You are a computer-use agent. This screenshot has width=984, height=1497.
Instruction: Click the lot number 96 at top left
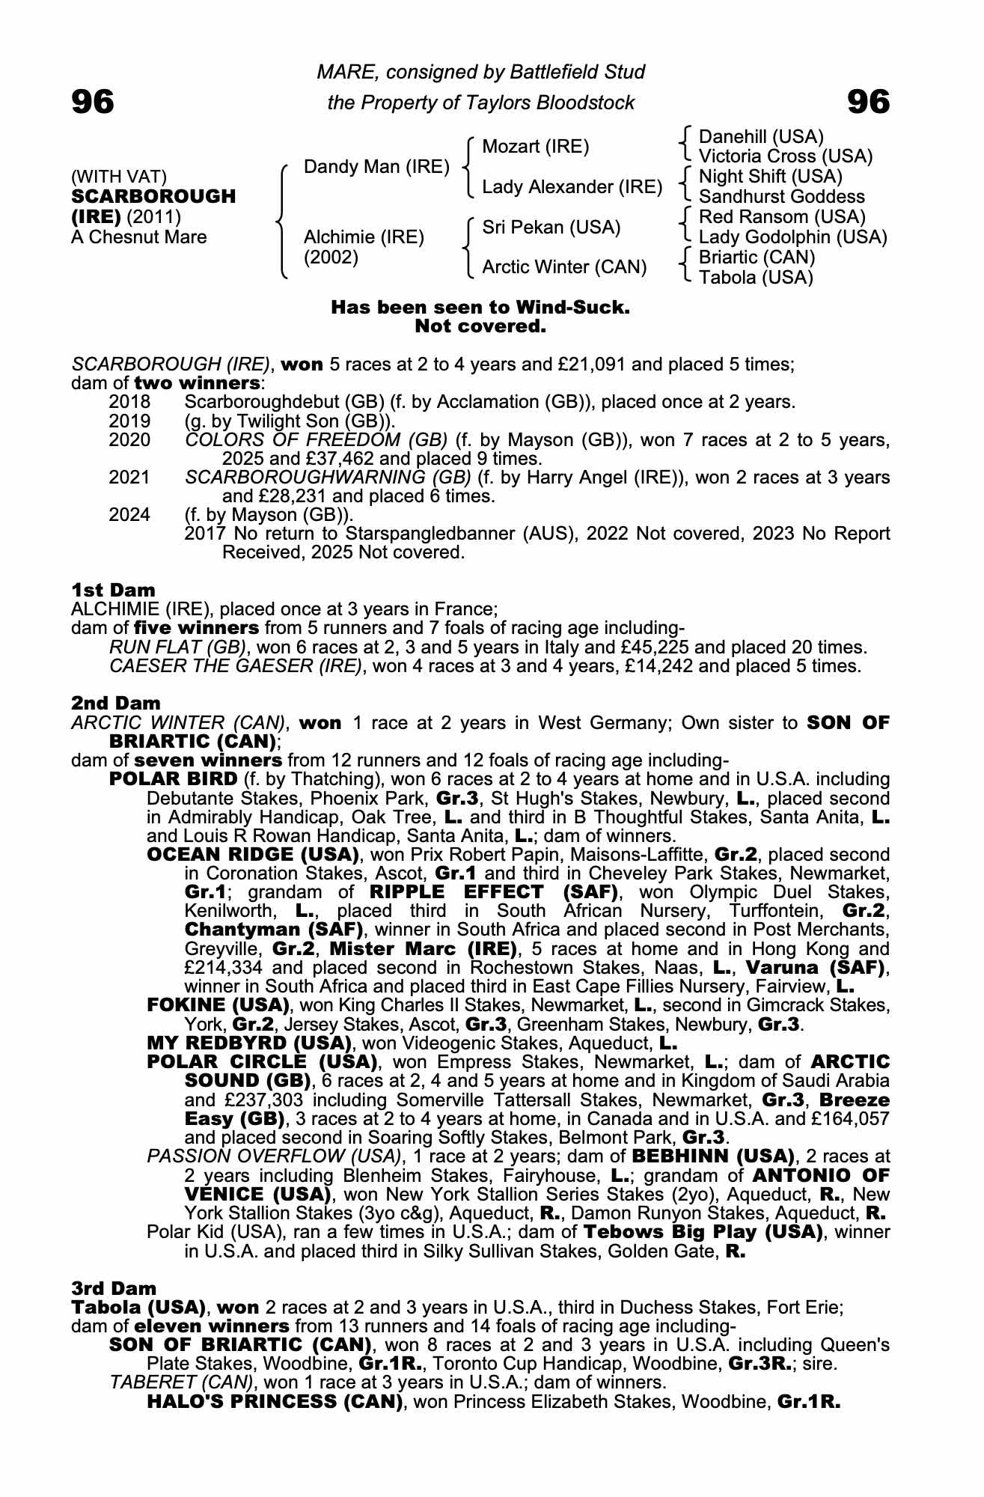point(93,102)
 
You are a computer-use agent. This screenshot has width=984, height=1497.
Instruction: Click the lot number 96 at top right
point(868,102)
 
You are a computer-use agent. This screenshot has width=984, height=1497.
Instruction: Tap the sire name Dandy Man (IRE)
point(376,166)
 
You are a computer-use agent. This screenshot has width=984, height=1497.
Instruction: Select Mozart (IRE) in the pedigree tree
point(535,146)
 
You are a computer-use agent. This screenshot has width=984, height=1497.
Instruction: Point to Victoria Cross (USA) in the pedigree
point(785,156)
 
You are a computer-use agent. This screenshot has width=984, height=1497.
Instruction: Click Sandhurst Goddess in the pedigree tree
point(781,197)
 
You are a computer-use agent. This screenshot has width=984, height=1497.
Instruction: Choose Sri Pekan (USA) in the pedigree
point(551,227)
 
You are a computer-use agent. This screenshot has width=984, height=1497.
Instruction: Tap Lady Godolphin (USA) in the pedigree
point(792,237)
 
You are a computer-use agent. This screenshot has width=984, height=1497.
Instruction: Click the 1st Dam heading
point(113,590)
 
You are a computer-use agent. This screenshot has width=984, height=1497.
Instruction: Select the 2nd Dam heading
point(115,703)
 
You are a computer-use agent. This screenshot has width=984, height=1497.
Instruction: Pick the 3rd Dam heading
point(114,1288)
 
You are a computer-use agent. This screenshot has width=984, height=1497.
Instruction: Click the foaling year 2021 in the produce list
point(129,478)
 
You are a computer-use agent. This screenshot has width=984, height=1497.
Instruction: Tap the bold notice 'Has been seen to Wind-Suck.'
point(480,308)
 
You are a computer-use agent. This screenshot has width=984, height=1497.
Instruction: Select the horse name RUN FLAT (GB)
point(178,647)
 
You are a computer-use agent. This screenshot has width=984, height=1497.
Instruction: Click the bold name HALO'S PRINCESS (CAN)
point(275,1401)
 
